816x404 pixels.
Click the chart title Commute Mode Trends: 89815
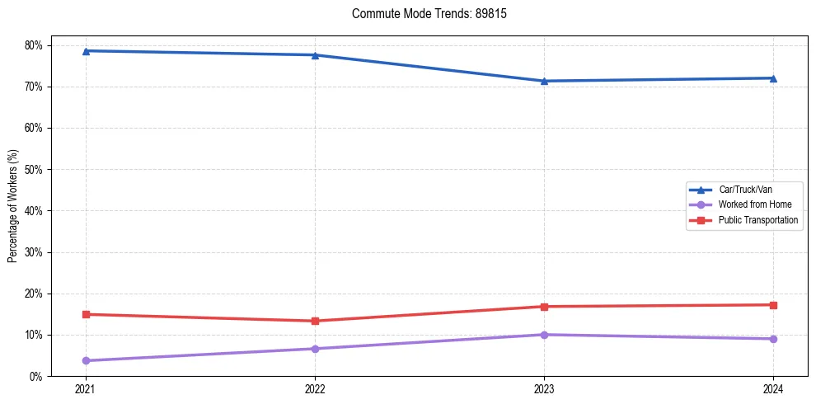[423, 14]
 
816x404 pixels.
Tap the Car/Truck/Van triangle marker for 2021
[86, 51]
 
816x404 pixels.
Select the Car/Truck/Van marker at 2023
[544, 81]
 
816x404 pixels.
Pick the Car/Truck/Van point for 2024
[773, 78]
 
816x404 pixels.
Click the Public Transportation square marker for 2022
[315, 321]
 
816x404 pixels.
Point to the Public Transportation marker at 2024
[773, 305]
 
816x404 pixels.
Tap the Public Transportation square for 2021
[86, 314]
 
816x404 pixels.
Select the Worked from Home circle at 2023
[544, 335]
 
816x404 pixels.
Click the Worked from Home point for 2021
[86, 360]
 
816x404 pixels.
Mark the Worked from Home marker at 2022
[315, 349]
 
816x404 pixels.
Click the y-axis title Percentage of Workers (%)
[12, 206]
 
